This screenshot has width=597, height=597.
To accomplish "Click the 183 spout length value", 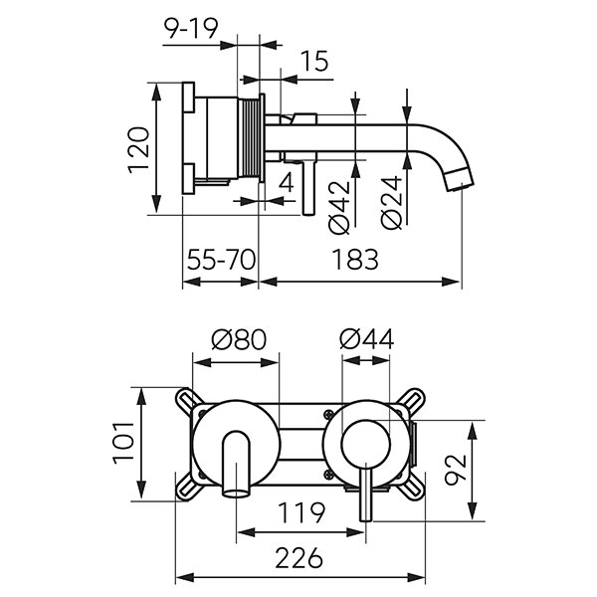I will point(356,261).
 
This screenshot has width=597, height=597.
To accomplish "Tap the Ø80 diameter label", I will point(239,338).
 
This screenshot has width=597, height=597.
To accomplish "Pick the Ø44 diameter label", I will point(366,338).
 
